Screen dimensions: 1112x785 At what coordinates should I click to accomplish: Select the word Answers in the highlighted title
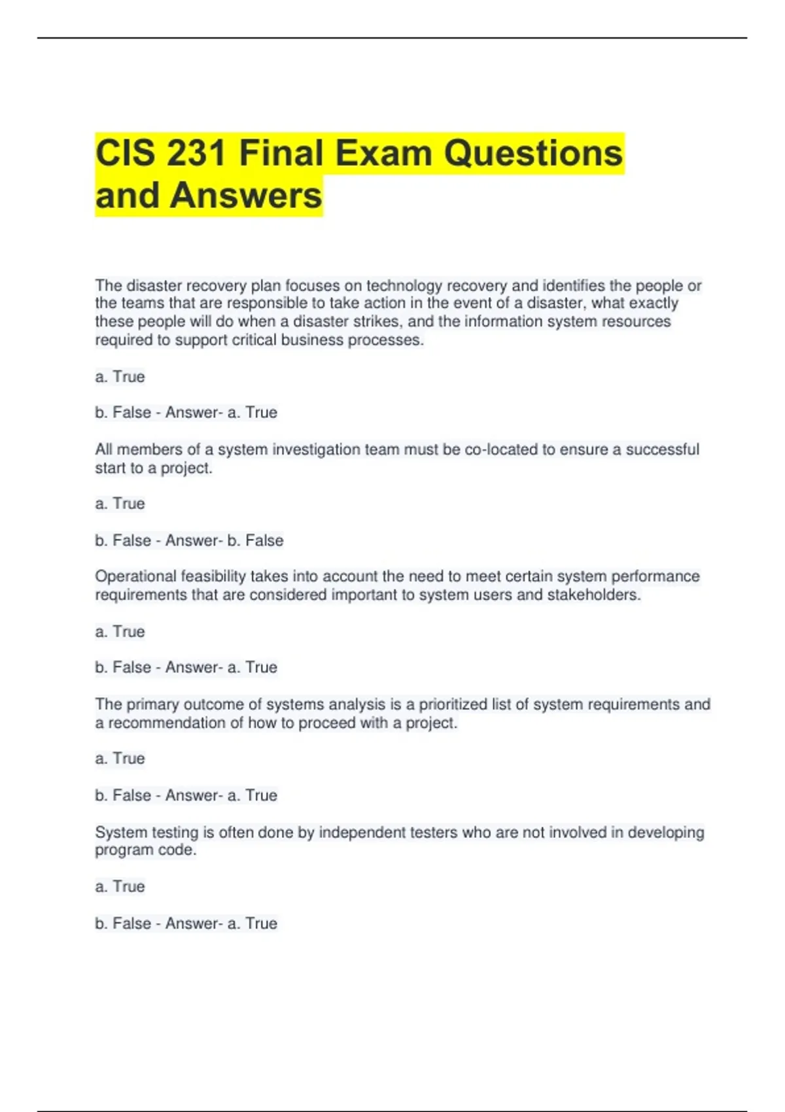tap(246, 196)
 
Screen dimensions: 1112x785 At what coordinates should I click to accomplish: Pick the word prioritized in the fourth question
tap(453, 704)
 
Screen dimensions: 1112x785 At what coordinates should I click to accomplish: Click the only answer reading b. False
tap(255, 540)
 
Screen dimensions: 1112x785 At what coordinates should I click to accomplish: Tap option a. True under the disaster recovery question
tap(120, 377)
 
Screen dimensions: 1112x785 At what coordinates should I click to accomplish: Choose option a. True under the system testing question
tap(120, 886)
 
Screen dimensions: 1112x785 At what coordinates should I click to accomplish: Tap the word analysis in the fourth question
tap(357, 704)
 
